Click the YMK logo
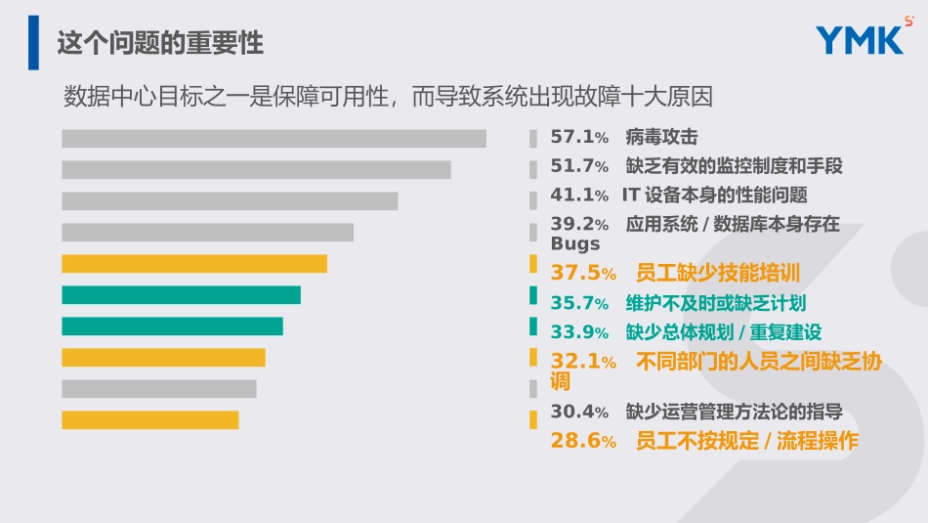[x=860, y=40]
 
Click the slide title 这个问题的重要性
[x=160, y=43]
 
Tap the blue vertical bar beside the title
[x=34, y=42]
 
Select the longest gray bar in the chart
[x=274, y=138]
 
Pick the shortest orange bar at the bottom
[x=149, y=419]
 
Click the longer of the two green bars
[x=181, y=294]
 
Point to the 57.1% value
[x=579, y=138]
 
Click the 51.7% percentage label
[x=579, y=166]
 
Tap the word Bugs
[x=575, y=243]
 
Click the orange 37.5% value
[x=583, y=273]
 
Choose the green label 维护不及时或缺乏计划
[x=716, y=303]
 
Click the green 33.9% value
[x=579, y=332]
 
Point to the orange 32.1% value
[x=583, y=362]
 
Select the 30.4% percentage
[x=579, y=412]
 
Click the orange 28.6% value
[x=583, y=441]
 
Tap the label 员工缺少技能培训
[x=718, y=273]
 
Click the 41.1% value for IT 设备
[x=579, y=196]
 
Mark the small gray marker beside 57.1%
[x=533, y=139]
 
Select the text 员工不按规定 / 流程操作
[x=747, y=441]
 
